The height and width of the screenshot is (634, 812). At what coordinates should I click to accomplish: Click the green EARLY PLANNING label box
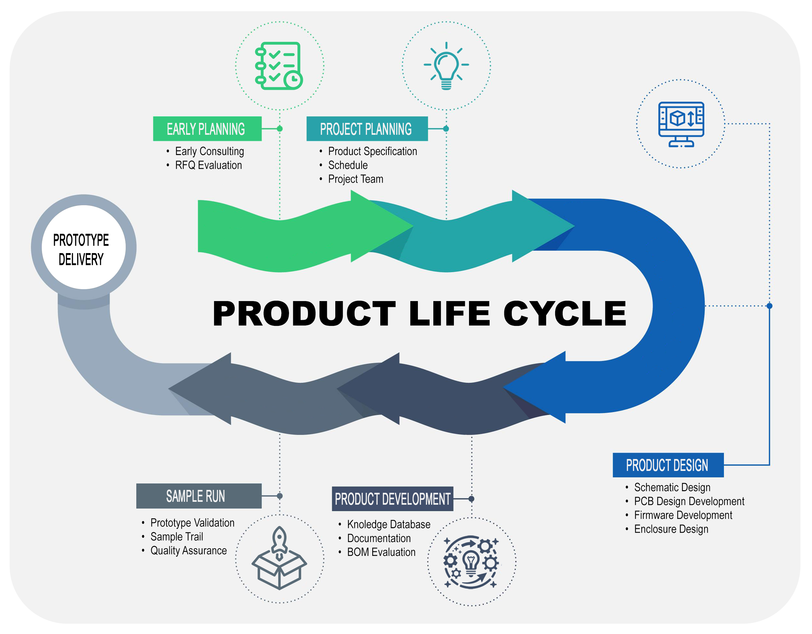(x=207, y=129)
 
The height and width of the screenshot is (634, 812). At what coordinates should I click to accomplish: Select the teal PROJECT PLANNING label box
(x=366, y=129)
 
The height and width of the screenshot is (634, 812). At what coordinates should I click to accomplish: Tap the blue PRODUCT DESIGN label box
(x=668, y=465)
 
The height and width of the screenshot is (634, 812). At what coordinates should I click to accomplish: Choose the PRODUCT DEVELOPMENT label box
(x=392, y=499)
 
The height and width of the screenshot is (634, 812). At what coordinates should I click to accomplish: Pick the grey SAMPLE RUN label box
(x=199, y=496)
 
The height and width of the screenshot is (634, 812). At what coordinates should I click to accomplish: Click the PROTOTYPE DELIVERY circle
(x=83, y=247)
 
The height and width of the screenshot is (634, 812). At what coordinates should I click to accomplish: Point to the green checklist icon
(x=279, y=66)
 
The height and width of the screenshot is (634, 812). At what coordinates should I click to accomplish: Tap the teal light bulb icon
(x=446, y=66)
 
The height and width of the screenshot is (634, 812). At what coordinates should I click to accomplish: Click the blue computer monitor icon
(x=681, y=124)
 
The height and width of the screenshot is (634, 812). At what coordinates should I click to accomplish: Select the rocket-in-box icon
(x=279, y=558)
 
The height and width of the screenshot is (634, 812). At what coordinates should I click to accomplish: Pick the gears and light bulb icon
(x=471, y=562)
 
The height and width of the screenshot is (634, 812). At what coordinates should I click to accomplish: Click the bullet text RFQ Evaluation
(x=208, y=165)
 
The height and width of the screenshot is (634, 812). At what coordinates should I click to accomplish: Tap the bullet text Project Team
(x=356, y=179)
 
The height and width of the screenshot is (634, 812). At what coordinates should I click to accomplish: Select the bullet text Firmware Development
(x=683, y=515)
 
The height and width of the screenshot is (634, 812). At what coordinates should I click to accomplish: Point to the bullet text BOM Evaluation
(x=381, y=552)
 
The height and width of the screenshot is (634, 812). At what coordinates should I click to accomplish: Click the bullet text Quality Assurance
(x=188, y=551)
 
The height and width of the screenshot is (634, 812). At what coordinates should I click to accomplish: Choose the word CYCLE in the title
(x=565, y=314)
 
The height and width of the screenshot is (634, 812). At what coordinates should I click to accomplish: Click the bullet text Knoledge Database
(x=389, y=524)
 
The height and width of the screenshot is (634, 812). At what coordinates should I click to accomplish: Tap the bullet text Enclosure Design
(x=671, y=529)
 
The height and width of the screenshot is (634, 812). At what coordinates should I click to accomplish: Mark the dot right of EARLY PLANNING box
(x=280, y=129)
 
